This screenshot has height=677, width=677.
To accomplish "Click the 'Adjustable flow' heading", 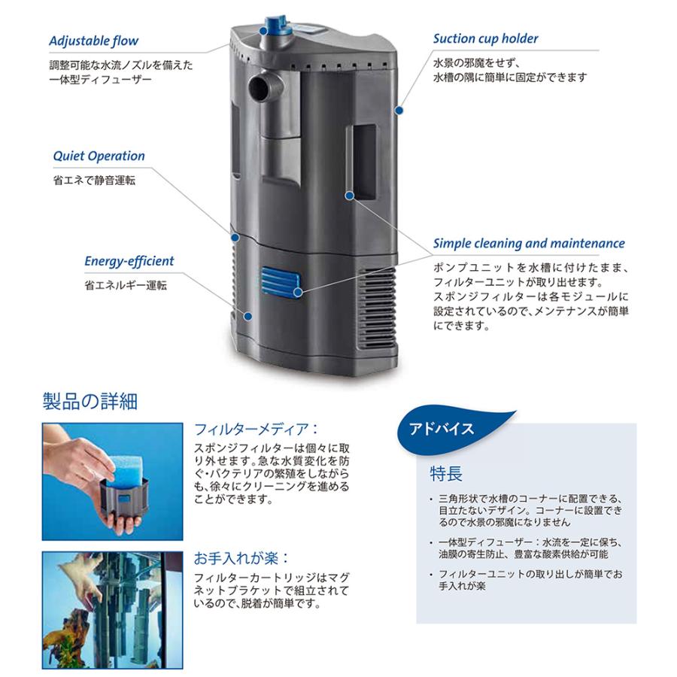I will point(94,41).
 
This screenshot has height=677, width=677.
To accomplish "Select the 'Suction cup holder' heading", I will point(485,38).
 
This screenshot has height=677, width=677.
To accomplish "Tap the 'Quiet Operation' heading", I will point(99,156).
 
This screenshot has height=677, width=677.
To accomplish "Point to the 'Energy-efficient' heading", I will point(129,261).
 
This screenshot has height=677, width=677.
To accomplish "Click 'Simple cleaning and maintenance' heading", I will point(529,244).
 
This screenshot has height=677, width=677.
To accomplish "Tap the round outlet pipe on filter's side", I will point(263,87).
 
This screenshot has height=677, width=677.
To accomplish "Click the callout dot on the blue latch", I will point(299,291).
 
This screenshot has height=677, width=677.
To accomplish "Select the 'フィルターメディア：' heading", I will point(256,430).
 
